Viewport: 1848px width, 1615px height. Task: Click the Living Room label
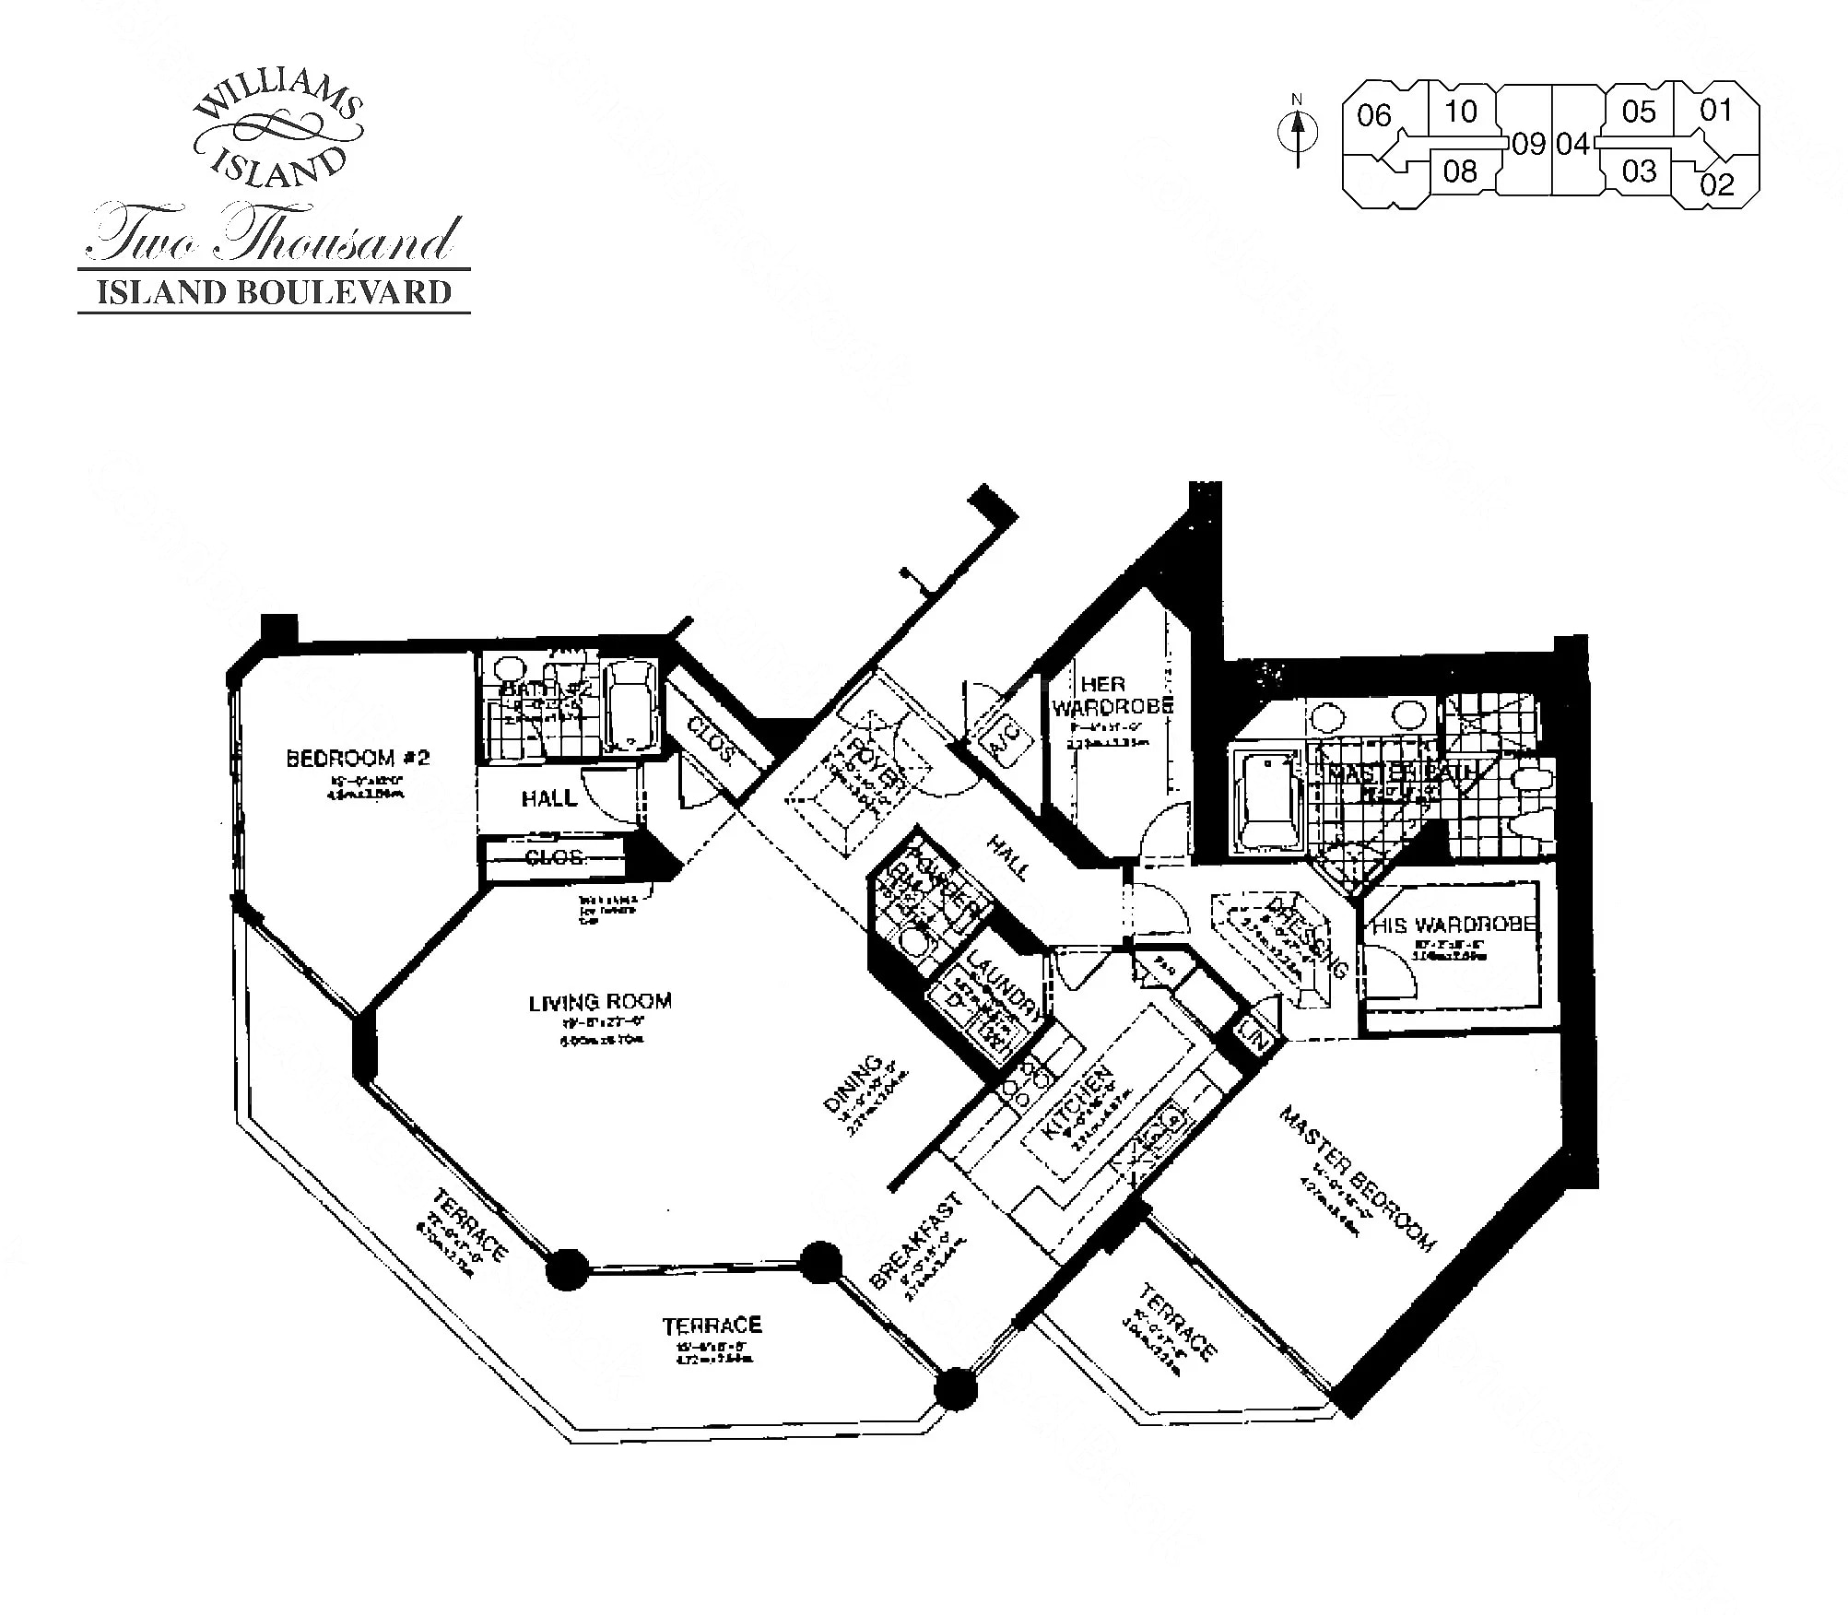pyautogui.click(x=600, y=1001)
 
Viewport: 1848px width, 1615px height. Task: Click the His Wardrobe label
pyautogui.click(x=1454, y=925)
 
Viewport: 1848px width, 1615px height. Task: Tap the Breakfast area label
pyautogui.click(x=916, y=1240)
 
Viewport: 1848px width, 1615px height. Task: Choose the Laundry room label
pyautogui.click(x=1004, y=984)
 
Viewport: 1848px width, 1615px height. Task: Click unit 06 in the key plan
pyautogui.click(x=1373, y=116)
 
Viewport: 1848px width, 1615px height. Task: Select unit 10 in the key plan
pyautogui.click(x=1460, y=112)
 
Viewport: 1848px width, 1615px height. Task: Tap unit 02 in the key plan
pyautogui.click(x=1717, y=184)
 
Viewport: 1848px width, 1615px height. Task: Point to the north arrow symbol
pyautogui.click(x=1298, y=135)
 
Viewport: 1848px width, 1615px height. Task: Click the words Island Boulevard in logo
pyautogui.click(x=275, y=292)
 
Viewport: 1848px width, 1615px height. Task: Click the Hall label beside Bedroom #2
pyautogui.click(x=549, y=798)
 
